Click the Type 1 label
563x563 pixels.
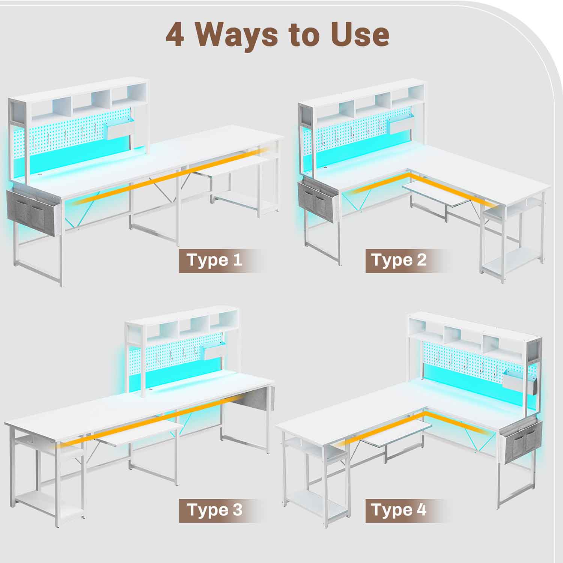pyautogui.click(x=215, y=260)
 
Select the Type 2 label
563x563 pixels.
pyautogui.click(x=399, y=260)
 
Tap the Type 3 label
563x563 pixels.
pyautogui.click(x=215, y=510)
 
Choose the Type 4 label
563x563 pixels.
pyautogui.click(x=399, y=510)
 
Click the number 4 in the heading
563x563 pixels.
pyautogui.click(x=175, y=35)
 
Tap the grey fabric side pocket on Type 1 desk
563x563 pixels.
pyautogui.click(x=33, y=213)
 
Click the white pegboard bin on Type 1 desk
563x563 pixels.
pyautogui.click(x=121, y=129)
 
